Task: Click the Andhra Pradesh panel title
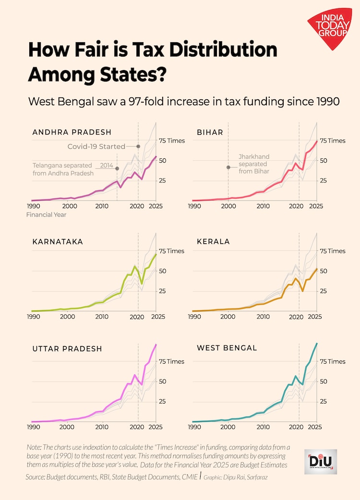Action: tap(72, 132)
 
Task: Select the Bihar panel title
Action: tap(210, 132)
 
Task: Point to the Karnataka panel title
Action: tap(58, 242)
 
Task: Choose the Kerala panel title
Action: tap(213, 242)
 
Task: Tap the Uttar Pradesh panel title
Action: tap(67, 349)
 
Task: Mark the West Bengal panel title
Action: tap(227, 347)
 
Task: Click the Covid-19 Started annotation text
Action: tap(96, 146)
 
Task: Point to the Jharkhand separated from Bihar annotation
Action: tap(254, 164)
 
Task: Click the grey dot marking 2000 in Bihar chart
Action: tap(228, 167)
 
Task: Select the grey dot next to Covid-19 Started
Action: tap(138, 146)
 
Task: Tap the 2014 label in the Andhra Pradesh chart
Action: tap(107, 166)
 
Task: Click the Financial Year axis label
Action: tap(47, 214)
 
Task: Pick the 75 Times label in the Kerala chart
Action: tap(333, 251)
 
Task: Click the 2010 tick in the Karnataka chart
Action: tap(101, 317)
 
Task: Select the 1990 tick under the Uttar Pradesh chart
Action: tap(33, 427)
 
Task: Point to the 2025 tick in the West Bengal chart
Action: tap(315, 427)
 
